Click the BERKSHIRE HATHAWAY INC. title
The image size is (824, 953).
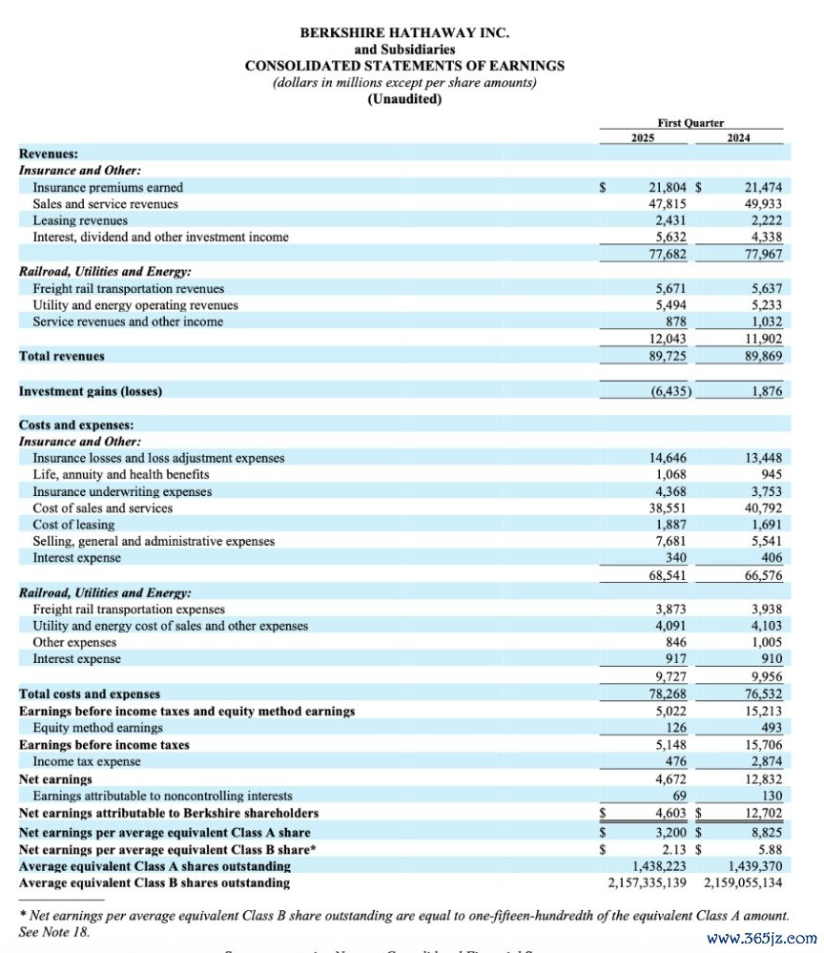point(404,31)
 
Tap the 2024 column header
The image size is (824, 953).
point(737,138)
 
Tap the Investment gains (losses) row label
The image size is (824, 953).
point(90,391)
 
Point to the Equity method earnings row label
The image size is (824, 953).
point(97,728)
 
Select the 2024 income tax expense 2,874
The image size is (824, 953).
point(764,761)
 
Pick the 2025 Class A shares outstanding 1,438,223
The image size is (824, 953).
point(657,866)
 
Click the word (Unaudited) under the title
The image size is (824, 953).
point(404,99)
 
